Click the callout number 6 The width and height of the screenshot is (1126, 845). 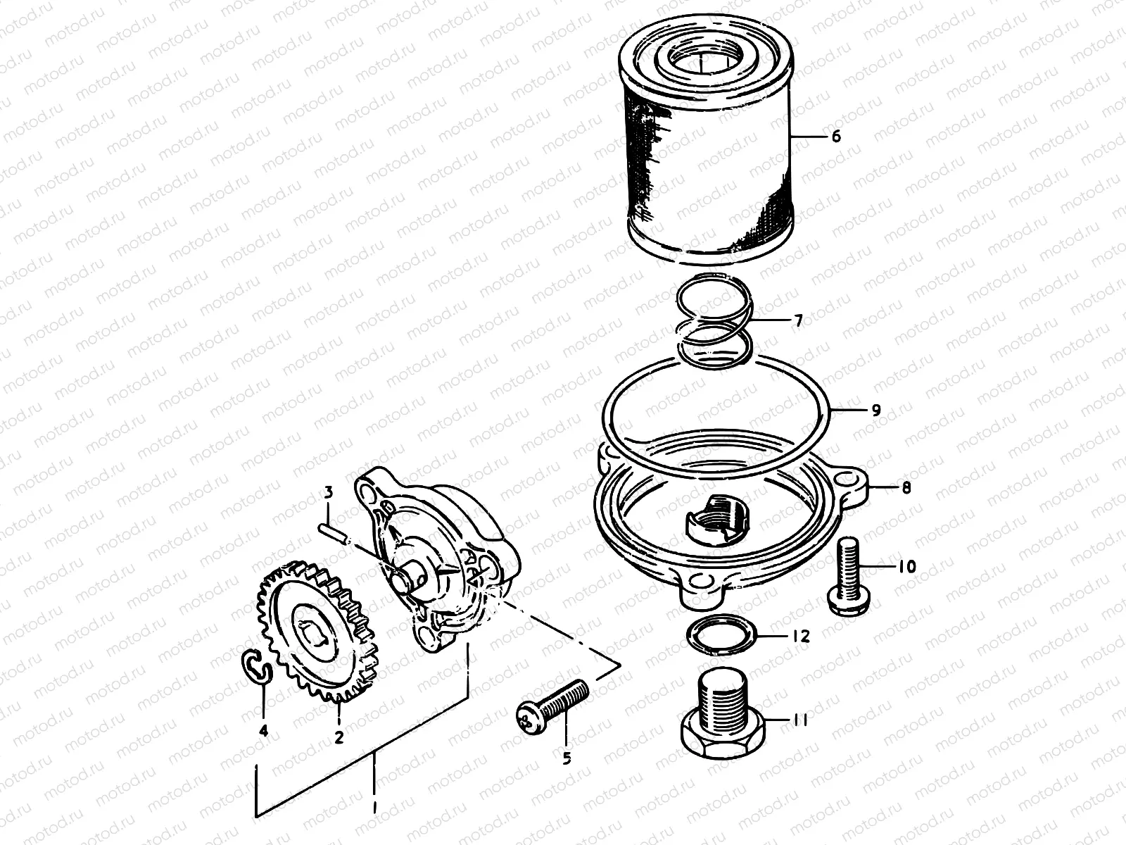click(x=835, y=136)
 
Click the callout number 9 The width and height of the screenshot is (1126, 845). click(x=875, y=410)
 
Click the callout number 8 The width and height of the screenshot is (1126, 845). click(x=906, y=487)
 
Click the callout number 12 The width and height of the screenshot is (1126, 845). click(x=801, y=637)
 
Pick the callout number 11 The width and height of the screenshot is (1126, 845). click(x=800, y=720)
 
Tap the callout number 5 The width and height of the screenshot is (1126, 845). click(x=567, y=758)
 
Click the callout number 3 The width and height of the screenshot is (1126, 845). click(x=328, y=492)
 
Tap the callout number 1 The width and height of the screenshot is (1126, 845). click(x=374, y=805)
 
